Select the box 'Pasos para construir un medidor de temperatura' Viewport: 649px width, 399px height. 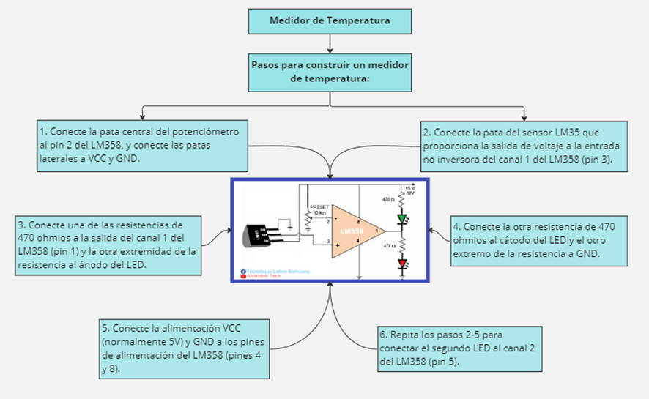pos(329,71)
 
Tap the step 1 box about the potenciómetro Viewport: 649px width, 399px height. pos(143,145)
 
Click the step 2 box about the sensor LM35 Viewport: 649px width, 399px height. pos(523,146)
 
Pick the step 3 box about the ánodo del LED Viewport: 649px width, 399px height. pos(108,245)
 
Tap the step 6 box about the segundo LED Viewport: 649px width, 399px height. pos(459,348)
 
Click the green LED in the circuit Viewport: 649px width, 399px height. pos(401,218)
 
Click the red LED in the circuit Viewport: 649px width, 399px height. pos(401,264)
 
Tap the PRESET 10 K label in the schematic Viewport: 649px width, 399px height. pos(320,210)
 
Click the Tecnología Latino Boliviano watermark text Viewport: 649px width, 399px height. pos(277,271)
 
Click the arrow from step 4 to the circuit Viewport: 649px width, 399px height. pos(440,234)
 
